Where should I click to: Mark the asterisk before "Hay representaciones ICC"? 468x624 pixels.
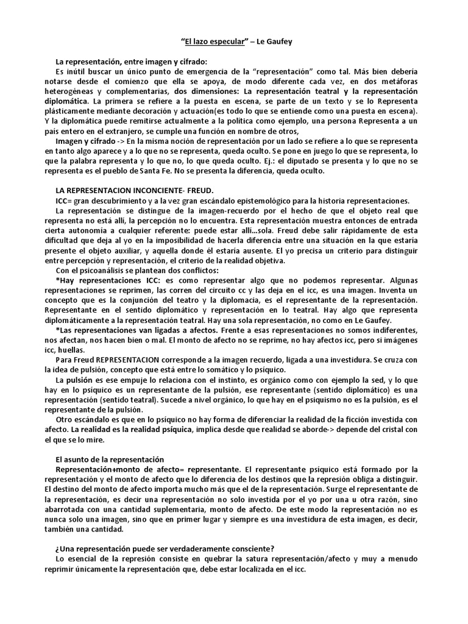[57, 280]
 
